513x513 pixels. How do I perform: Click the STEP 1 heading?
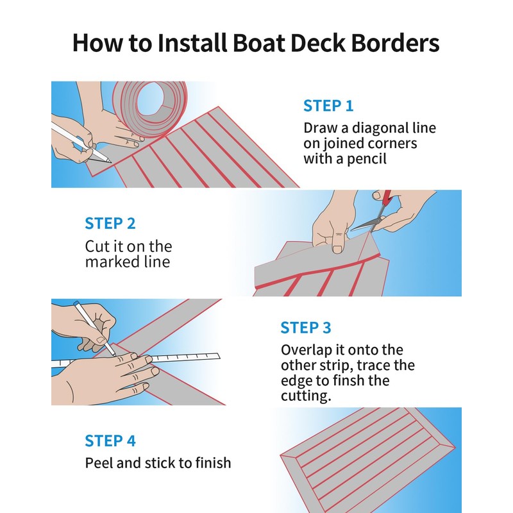click(x=328, y=106)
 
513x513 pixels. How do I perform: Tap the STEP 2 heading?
click(x=110, y=224)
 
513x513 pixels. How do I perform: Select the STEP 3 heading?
click(x=306, y=328)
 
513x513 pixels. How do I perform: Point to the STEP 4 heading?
click(x=110, y=441)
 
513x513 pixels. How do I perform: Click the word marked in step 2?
click(x=110, y=262)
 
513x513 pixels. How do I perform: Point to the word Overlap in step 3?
click(x=307, y=350)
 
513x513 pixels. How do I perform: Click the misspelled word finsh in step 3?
click(x=350, y=380)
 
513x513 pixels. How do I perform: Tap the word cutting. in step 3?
click(x=306, y=396)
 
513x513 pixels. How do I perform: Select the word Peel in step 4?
click(x=99, y=463)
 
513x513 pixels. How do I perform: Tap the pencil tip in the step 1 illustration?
click(x=110, y=162)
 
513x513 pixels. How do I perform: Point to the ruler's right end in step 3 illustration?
click(x=219, y=355)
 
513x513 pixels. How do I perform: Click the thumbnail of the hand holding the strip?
click(x=337, y=249)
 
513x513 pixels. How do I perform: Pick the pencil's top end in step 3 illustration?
click(x=76, y=303)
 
